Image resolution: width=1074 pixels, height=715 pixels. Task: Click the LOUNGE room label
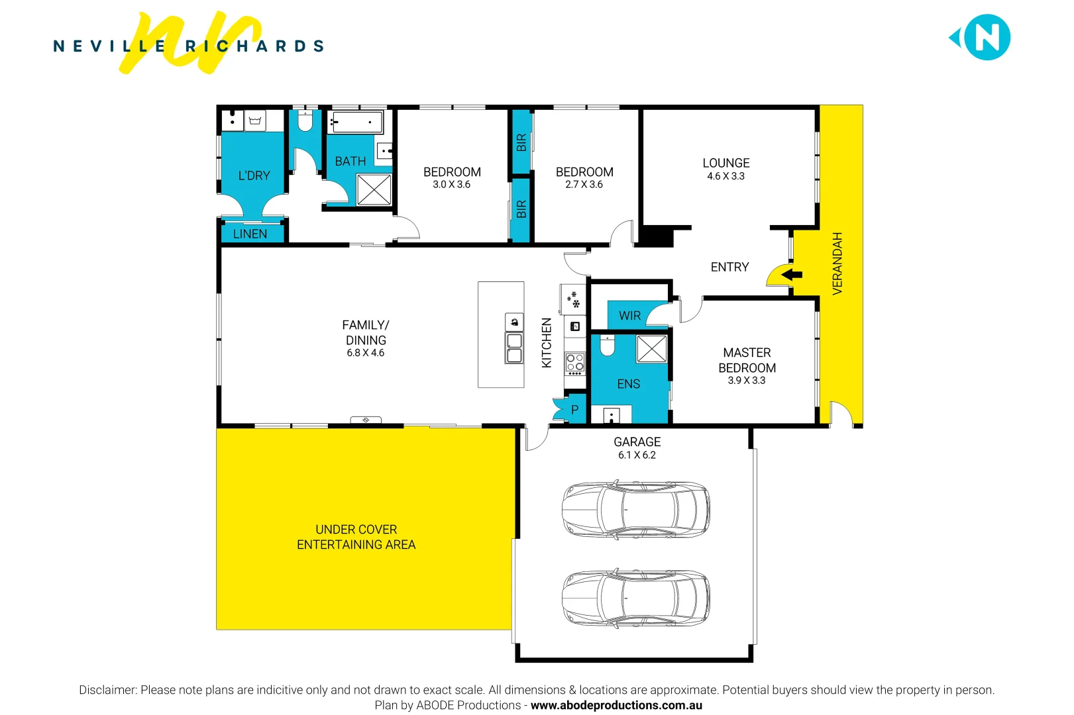725,163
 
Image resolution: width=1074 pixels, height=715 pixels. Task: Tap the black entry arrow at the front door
792,274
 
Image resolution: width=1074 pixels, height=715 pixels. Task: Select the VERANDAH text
837,263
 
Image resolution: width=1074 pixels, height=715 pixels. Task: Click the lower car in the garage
635,598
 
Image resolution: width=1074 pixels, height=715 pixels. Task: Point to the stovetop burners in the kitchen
574,362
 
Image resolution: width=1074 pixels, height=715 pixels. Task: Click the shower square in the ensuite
651,349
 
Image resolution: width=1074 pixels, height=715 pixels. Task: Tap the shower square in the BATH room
374,189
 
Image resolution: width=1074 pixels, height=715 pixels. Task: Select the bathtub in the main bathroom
356,122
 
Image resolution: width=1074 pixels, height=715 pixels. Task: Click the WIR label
629,316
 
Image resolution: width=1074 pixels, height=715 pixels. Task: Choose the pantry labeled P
574,410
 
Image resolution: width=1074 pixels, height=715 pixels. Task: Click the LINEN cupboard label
250,234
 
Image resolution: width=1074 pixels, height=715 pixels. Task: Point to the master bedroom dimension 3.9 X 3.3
746,381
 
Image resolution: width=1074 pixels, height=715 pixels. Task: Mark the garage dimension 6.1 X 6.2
637,455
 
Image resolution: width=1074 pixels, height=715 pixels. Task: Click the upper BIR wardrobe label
521,142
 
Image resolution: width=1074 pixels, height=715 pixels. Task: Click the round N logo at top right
986,38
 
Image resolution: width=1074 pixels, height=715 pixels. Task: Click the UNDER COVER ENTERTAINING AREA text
356,537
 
